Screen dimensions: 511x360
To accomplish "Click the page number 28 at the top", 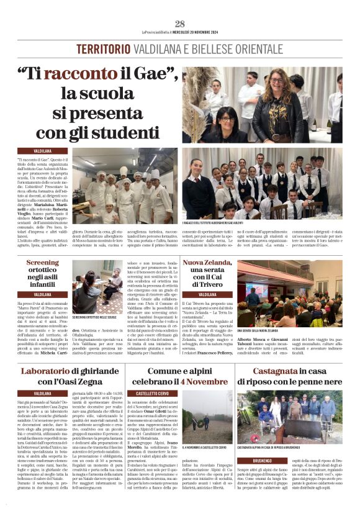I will [180, 24].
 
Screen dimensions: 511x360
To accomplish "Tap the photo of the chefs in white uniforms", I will [125, 185].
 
